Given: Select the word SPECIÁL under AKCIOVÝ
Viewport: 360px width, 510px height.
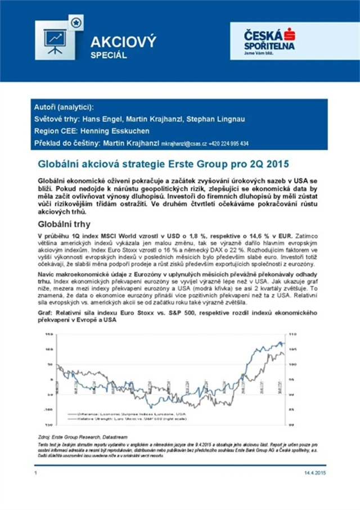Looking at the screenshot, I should (109, 56).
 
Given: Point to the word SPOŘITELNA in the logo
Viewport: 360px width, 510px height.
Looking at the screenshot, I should (269, 45).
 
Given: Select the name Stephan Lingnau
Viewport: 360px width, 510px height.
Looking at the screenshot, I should (220, 120).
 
